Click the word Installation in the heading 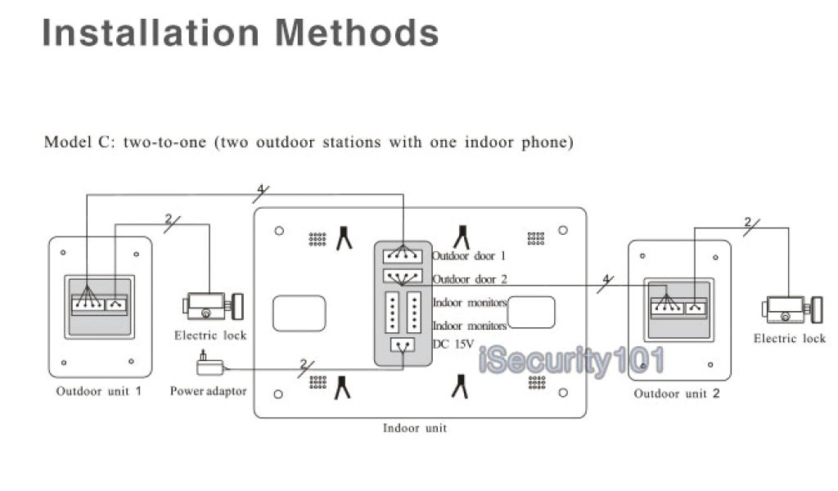(x=151, y=33)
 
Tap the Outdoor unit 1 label (x=99, y=391)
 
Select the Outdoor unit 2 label (x=677, y=394)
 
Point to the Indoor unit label (x=415, y=428)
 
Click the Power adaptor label (x=208, y=391)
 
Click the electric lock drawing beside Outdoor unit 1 (x=210, y=307)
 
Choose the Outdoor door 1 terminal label (x=469, y=256)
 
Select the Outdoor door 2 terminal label (x=469, y=279)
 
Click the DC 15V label (x=453, y=345)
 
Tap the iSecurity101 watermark (x=570, y=361)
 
